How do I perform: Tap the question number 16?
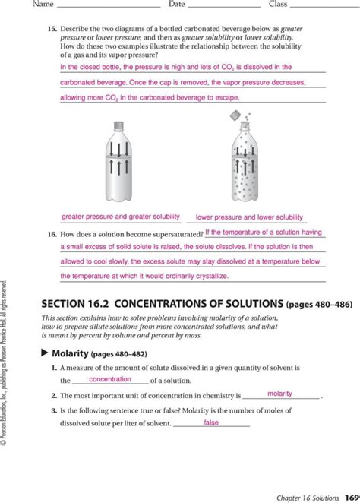point(52,234)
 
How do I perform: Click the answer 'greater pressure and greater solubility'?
point(121,216)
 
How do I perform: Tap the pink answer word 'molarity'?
point(280,394)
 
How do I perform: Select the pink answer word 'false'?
point(210,422)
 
